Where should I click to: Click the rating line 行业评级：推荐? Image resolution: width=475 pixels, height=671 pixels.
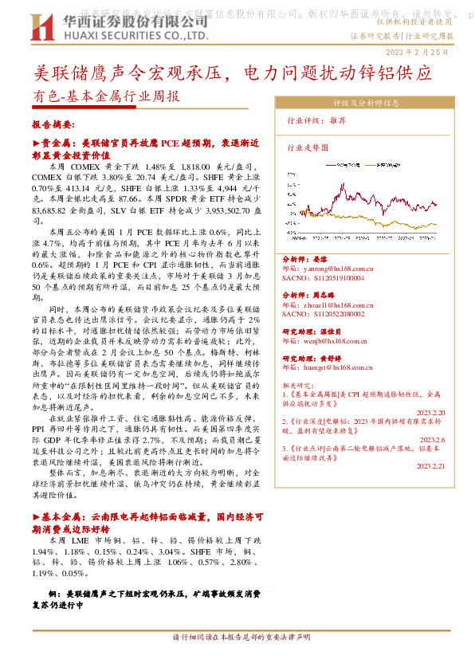pos(316,120)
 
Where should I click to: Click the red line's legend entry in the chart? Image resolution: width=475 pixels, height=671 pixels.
pos(348,163)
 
